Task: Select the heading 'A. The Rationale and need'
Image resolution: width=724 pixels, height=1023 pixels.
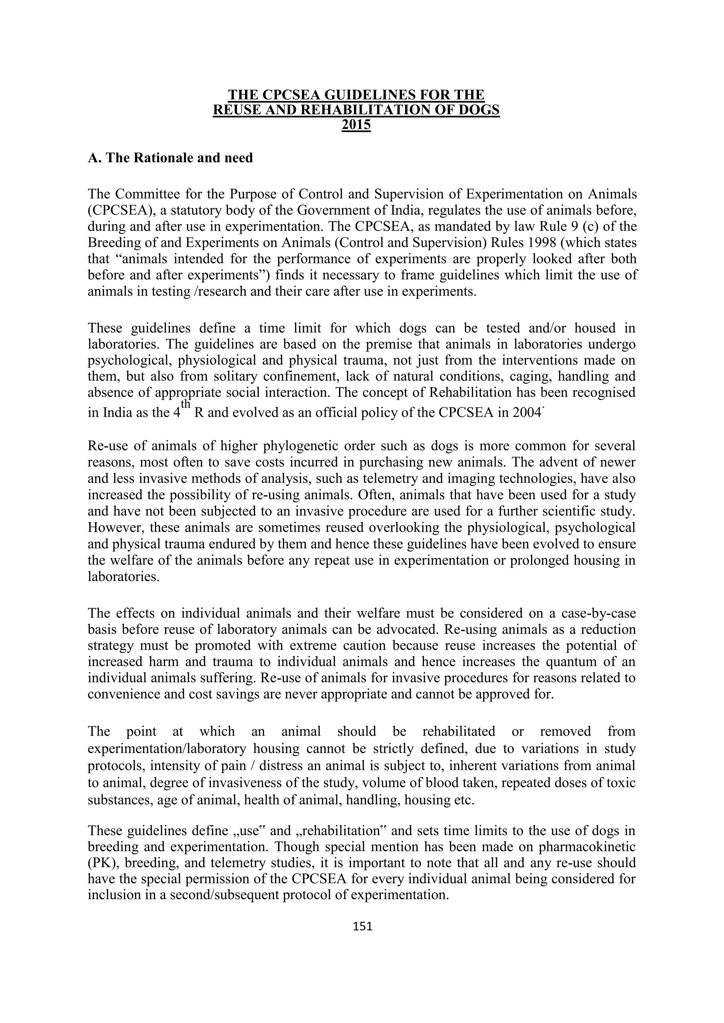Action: click(170, 158)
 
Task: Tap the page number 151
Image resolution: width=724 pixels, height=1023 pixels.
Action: click(362, 926)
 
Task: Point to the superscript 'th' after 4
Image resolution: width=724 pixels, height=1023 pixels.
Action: click(186, 404)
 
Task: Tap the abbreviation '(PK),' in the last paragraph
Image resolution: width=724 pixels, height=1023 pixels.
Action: click(104, 863)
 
